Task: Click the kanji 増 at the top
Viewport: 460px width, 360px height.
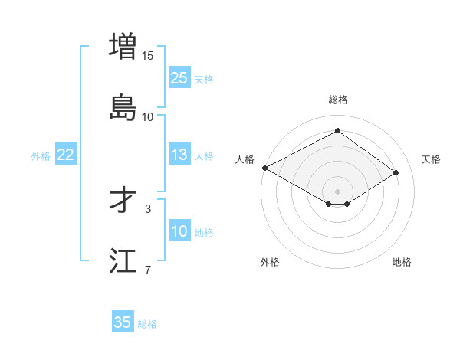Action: pos(124,46)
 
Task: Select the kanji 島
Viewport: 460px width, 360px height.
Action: pos(124,107)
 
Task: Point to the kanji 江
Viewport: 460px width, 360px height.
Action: pos(124,260)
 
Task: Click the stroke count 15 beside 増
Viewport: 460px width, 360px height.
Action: pos(148,55)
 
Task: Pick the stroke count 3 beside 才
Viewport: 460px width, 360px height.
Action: pos(148,208)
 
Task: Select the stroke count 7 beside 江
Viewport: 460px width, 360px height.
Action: pos(148,270)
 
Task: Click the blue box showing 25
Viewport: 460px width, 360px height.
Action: pos(179,78)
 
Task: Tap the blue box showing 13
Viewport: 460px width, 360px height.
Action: pos(179,155)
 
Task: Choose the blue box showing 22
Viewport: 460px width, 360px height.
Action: pos(65,155)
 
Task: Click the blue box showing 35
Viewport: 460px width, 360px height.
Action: pos(123,322)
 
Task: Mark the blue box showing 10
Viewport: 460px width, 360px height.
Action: pos(179,231)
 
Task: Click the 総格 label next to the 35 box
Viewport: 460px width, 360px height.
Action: pos(147,324)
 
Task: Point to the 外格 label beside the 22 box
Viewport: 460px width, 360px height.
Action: pos(41,156)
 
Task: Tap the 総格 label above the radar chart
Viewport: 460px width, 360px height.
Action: pos(338,100)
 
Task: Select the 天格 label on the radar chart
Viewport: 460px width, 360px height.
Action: pos(431,159)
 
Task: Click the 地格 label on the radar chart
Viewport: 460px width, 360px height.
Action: pos(402,262)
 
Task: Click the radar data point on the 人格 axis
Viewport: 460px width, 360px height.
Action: pos(264,168)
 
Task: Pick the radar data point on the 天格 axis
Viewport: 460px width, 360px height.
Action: pos(396,173)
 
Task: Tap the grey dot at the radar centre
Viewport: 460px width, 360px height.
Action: pos(338,191)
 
